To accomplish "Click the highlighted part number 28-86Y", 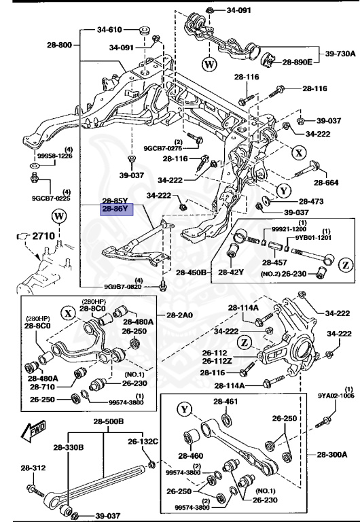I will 116,210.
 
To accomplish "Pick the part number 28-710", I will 42,387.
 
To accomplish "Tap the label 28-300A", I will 332,454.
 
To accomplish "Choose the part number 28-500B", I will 109,421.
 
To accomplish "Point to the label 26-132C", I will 143,441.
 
